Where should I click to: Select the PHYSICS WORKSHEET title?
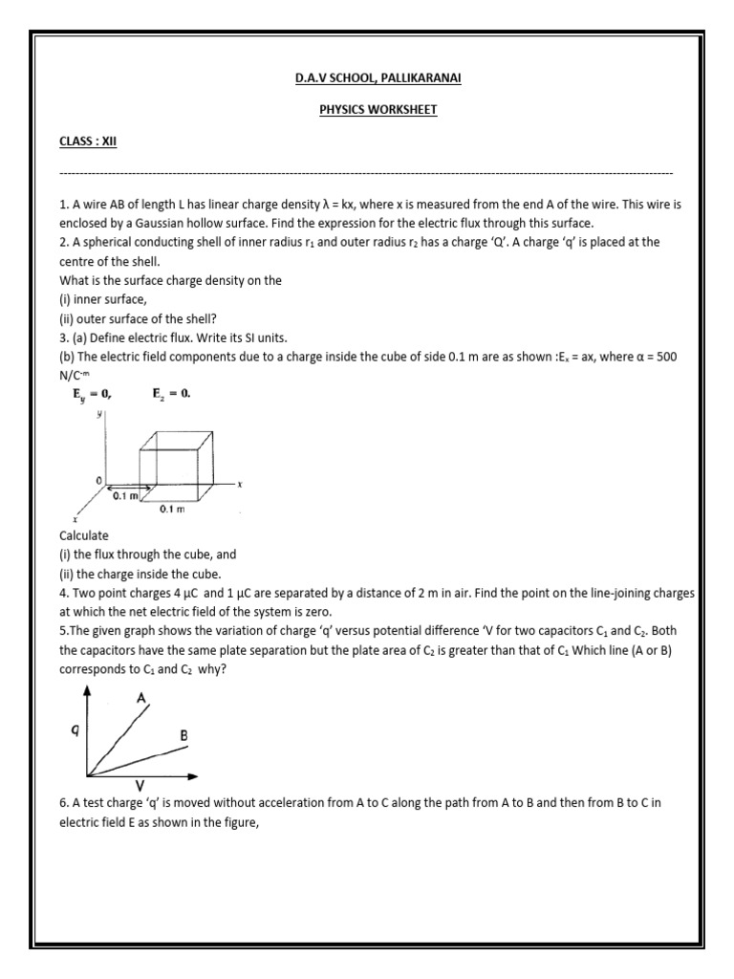377,110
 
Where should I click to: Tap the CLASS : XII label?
88,141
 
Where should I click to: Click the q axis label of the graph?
64,729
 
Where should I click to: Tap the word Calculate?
84,535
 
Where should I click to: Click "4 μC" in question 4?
173,593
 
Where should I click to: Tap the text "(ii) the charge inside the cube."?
140,574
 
